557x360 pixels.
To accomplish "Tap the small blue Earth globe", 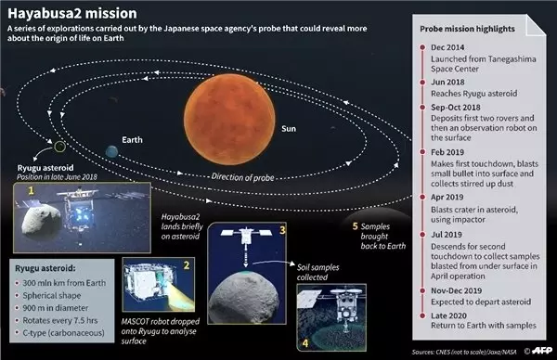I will pos(112,150).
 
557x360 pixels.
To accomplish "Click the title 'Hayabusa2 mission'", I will pos(62,12).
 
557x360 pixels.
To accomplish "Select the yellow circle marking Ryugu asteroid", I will pos(59,146).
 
